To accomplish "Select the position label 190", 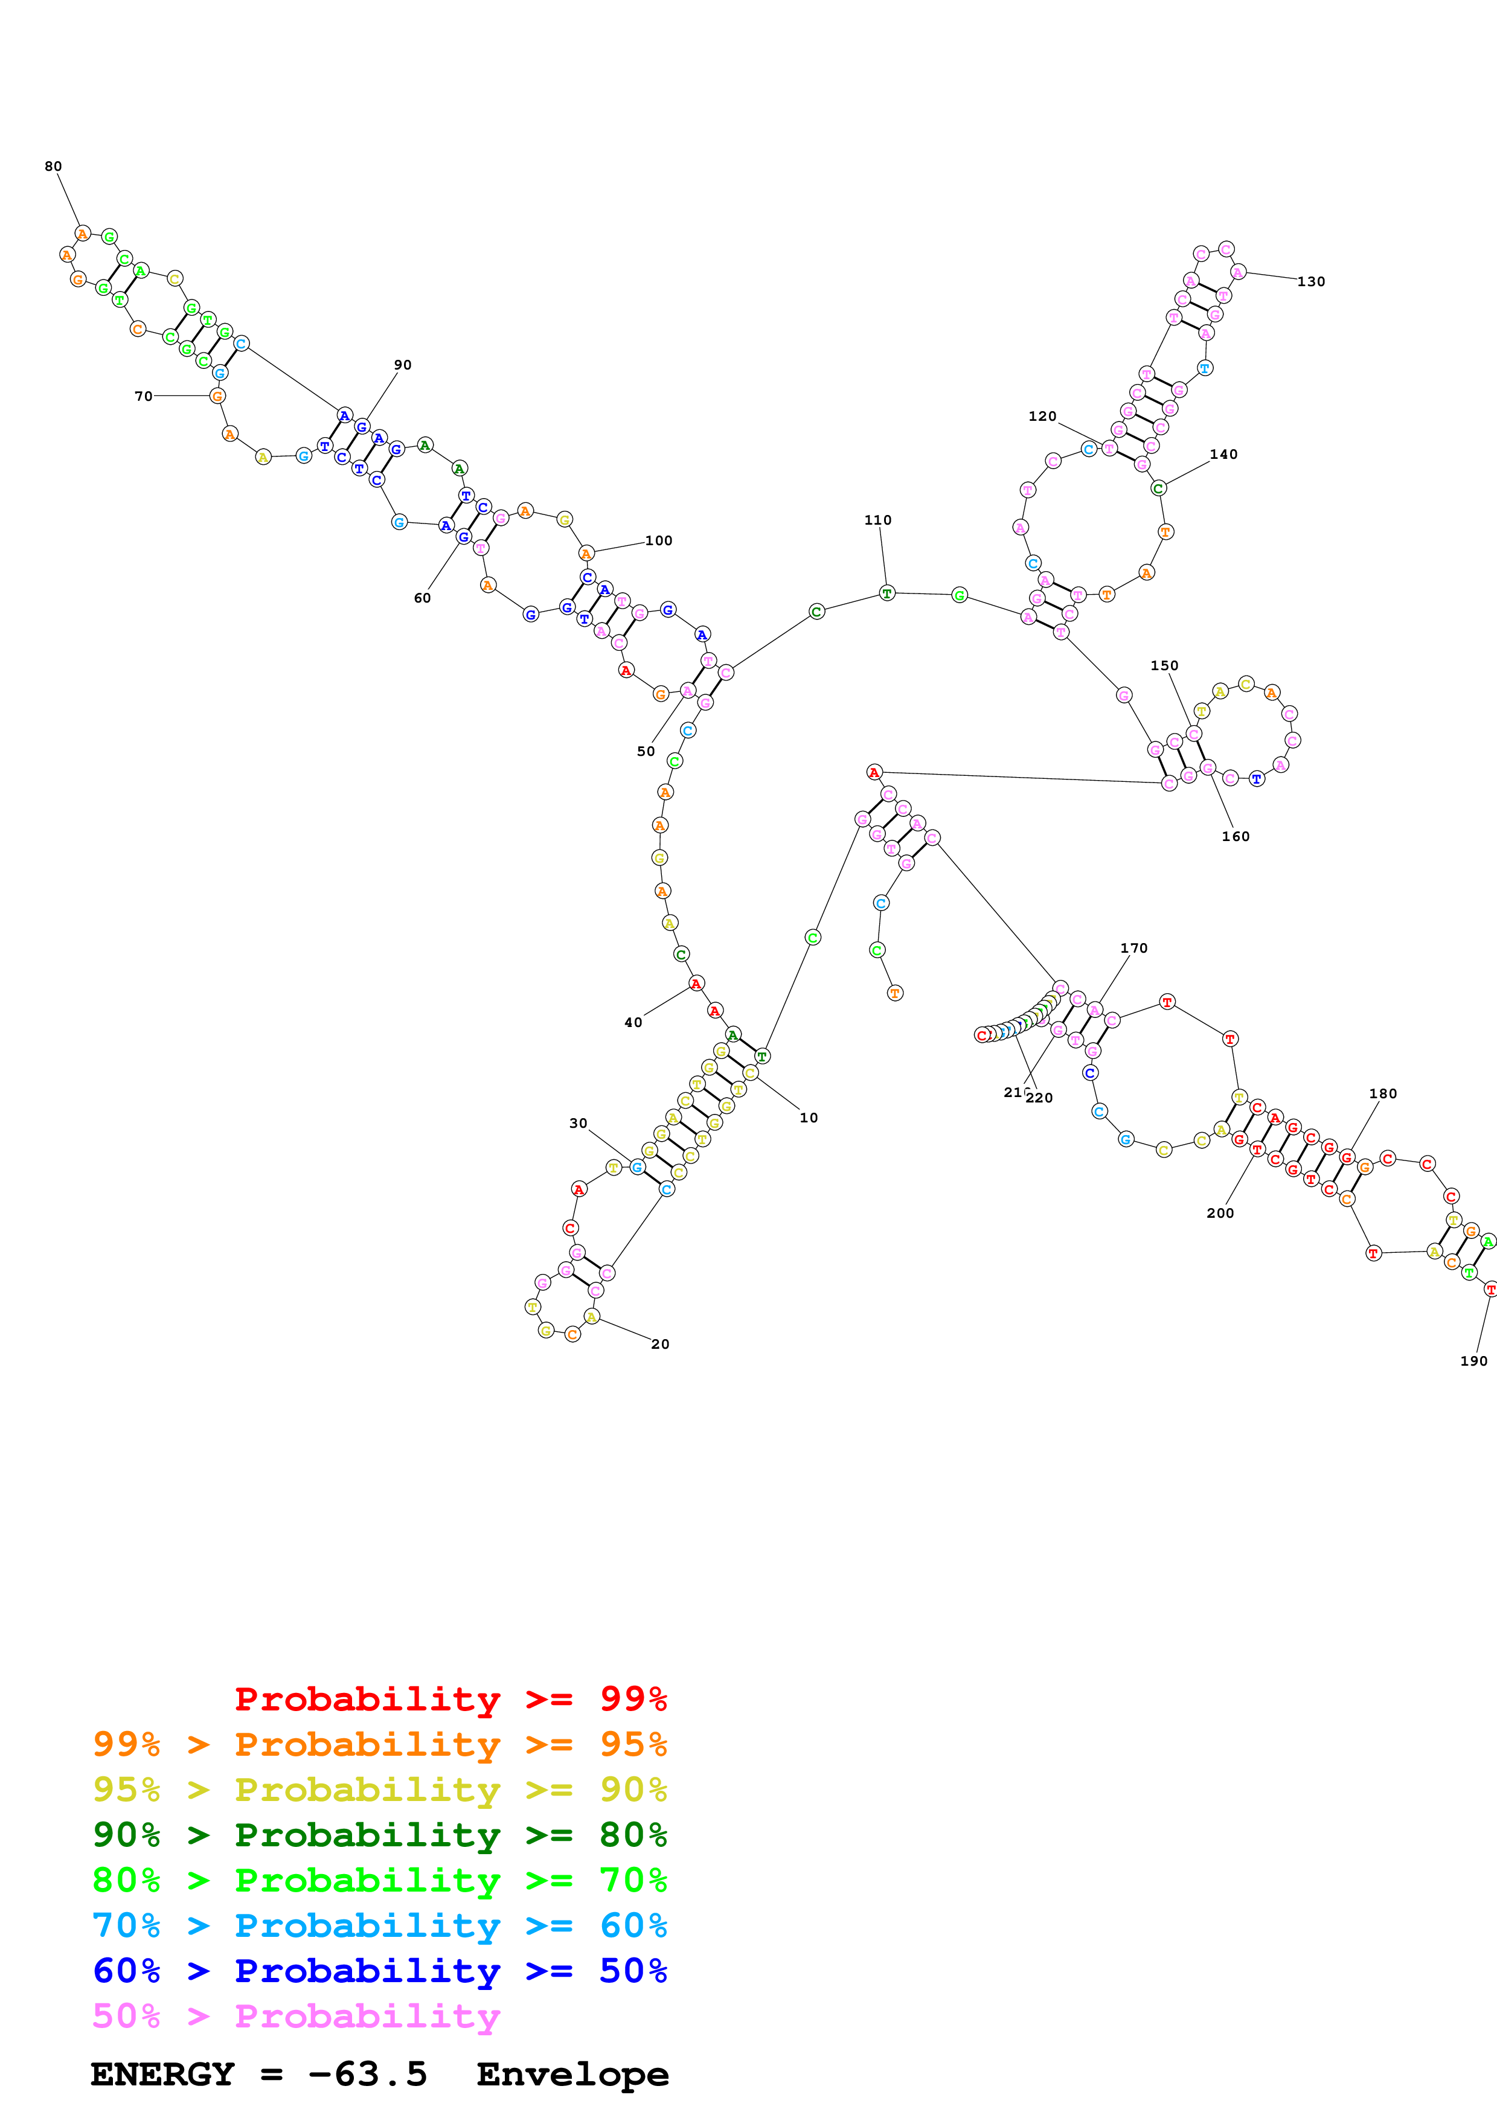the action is click(x=1473, y=1361).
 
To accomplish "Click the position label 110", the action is click(x=878, y=520).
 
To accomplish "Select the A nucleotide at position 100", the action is click(x=586, y=554).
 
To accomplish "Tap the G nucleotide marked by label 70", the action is click(x=217, y=395).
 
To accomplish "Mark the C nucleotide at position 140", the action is click(x=1158, y=488).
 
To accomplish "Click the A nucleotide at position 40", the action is click(x=696, y=984).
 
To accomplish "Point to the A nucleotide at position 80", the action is click(x=83, y=234).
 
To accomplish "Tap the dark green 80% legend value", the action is click(x=633, y=1835).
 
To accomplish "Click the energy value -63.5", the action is click(x=368, y=2074).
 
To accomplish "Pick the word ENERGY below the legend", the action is click(x=162, y=2074).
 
